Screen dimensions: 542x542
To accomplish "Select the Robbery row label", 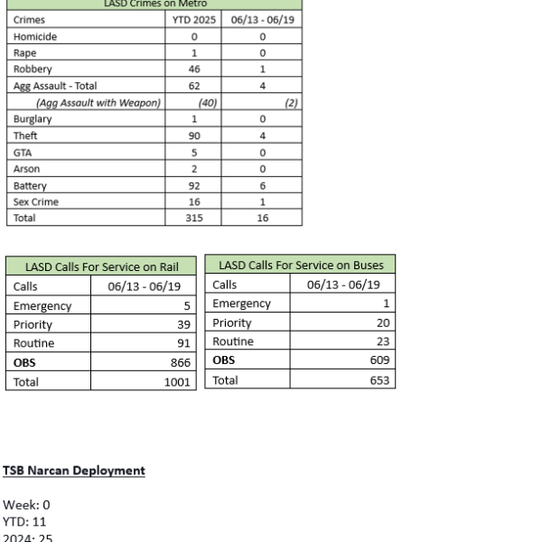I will point(33,69).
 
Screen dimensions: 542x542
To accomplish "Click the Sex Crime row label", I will point(36,202).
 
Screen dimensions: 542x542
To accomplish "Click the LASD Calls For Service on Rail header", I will point(101,266).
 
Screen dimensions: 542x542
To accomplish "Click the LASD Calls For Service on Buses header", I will point(301,265).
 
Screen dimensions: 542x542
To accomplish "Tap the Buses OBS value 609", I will point(378,360).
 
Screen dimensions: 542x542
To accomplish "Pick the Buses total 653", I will point(378,380).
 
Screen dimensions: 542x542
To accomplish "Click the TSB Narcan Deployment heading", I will point(74,471).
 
